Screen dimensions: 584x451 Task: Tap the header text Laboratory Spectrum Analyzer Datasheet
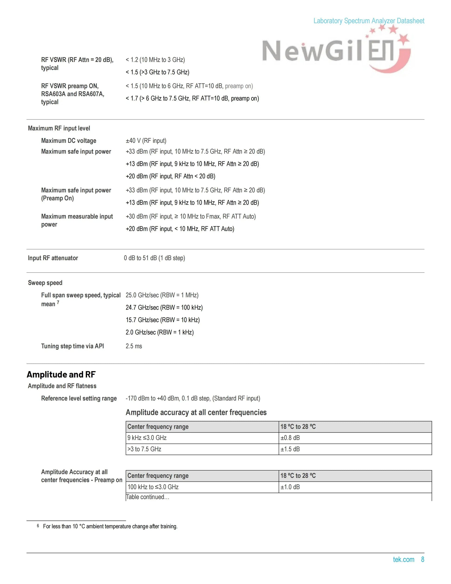click(x=369, y=21)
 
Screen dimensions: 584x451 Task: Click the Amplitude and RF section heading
click(x=61, y=374)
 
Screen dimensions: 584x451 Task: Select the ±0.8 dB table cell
click(x=290, y=438)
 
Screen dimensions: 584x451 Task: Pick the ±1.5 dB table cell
click(x=290, y=449)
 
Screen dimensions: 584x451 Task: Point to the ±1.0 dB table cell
click(x=290, y=487)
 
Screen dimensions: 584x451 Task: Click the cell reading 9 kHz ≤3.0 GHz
click(x=147, y=438)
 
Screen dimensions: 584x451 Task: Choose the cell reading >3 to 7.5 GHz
click(x=144, y=449)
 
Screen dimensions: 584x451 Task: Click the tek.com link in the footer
click(x=403, y=559)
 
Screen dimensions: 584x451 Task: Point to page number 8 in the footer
click(x=423, y=559)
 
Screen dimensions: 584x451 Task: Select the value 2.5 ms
click(x=134, y=346)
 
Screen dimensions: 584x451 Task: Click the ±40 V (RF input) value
click(x=146, y=141)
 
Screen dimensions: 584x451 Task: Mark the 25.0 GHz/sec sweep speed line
click(x=162, y=295)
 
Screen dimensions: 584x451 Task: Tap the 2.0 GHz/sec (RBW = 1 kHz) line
click(x=159, y=332)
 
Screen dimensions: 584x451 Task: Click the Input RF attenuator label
click(x=53, y=258)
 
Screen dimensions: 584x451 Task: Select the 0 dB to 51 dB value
click(x=154, y=258)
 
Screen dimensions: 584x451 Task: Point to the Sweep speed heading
click(x=45, y=283)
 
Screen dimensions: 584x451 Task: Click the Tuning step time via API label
click(x=72, y=346)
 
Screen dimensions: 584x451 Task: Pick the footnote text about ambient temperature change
click(x=110, y=526)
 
